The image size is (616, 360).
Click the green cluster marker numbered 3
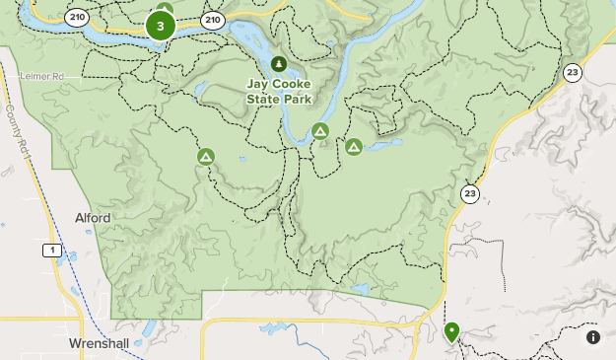(160, 27)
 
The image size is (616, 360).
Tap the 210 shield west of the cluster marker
(76, 18)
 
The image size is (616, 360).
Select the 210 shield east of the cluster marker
(212, 19)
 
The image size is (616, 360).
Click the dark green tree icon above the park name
(279, 64)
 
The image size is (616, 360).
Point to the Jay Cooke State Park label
(279, 92)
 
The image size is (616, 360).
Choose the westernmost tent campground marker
(206, 156)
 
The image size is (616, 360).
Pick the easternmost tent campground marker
(353, 147)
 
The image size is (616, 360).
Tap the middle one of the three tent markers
(319, 131)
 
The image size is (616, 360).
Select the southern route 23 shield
(470, 193)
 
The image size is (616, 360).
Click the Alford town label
(93, 218)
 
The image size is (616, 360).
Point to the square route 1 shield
(50, 251)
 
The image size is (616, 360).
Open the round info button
(593, 337)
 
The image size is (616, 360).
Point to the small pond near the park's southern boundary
(359, 291)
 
